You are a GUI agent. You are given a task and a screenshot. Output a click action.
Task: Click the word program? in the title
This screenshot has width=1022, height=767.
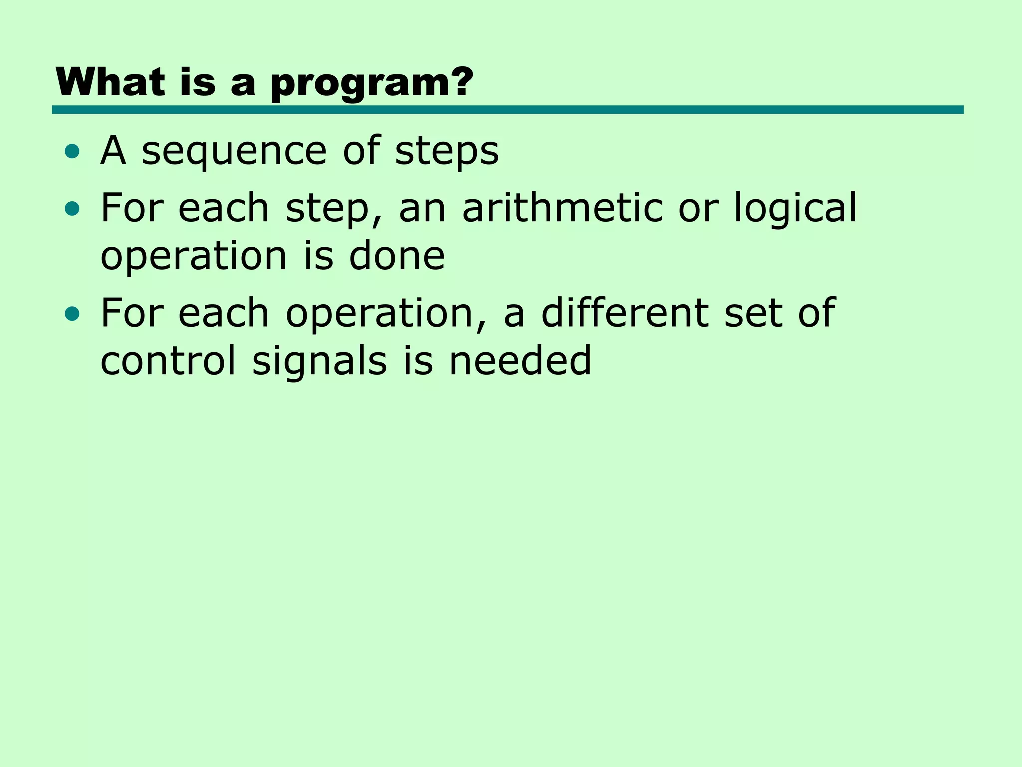372,83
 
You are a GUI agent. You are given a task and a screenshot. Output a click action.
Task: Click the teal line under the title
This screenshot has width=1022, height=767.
508,110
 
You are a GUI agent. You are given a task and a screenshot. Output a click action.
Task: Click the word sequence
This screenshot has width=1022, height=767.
234,152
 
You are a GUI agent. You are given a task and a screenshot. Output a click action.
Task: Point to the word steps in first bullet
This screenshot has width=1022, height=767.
447,152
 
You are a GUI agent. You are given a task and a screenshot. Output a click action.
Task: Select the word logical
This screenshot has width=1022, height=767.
795,209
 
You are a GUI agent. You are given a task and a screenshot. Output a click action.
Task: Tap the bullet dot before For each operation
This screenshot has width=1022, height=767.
72,314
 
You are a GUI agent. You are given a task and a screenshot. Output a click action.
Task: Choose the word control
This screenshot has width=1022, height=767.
168,361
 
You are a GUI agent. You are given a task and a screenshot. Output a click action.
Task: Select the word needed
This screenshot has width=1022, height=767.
520,361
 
